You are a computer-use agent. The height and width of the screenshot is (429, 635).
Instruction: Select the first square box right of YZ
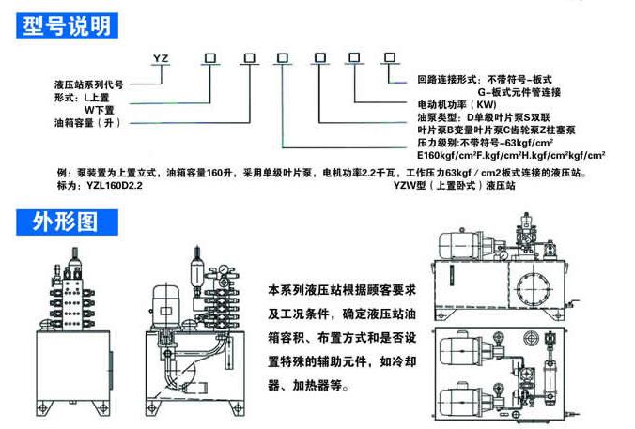(211, 58)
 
